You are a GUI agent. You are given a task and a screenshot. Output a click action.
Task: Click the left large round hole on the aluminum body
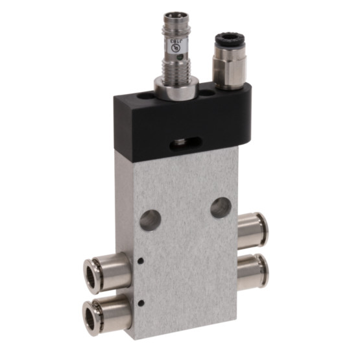pos(150,219)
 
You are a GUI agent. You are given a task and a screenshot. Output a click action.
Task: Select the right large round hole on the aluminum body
pos(220,208)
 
